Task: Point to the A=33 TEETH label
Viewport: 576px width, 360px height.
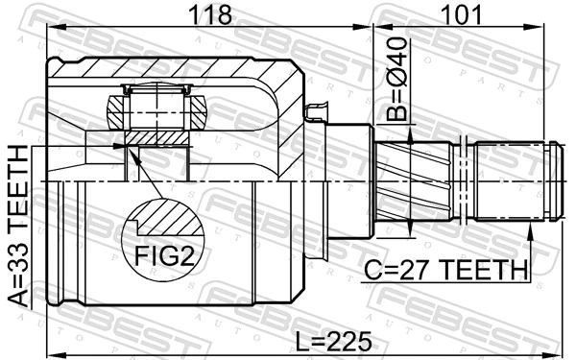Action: (20, 227)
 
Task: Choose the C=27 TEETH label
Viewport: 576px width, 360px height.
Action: (444, 270)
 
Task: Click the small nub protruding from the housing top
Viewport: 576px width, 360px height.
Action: (313, 113)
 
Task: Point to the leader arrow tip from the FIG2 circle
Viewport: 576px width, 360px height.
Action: (124, 145)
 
